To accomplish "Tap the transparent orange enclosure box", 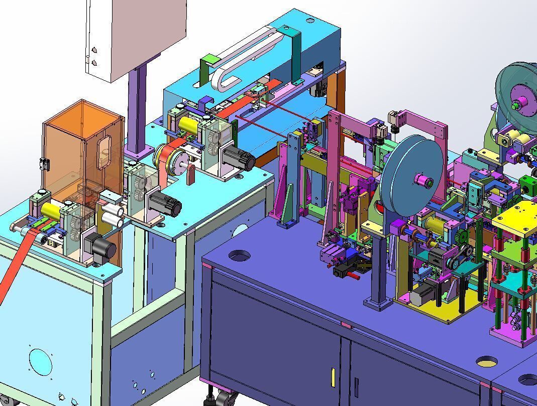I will [83, 151].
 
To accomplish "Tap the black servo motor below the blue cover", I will [239, 159].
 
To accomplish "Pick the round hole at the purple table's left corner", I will [239, 255].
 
